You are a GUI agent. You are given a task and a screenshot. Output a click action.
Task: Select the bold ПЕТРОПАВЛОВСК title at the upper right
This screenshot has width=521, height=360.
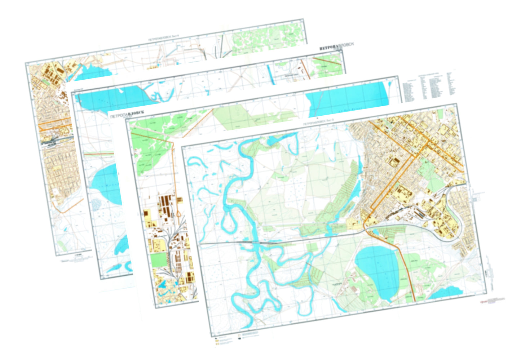(336, 46)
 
